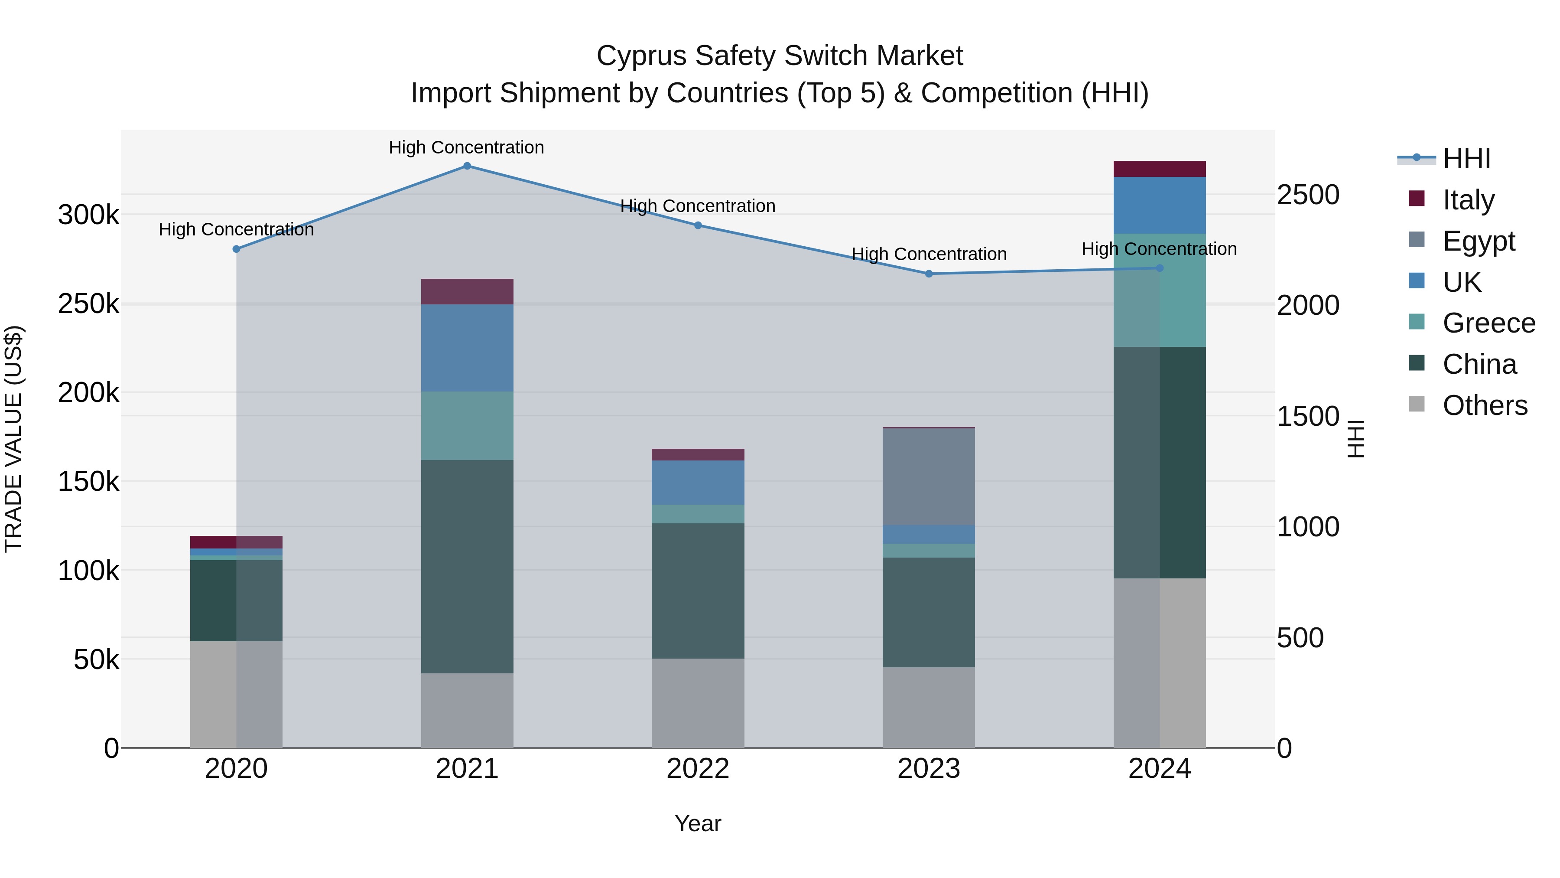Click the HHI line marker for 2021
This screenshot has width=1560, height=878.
click(x=467, y=166)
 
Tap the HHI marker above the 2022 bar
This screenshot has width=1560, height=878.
click(x=698, y=225)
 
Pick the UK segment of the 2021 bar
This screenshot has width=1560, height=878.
click(x=467, y=348)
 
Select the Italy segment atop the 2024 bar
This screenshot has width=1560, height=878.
click(x=1160, y=169)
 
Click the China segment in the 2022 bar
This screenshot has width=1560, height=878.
click(x=698, y=591)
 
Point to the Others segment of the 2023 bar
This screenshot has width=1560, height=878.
click(x=929, y=708)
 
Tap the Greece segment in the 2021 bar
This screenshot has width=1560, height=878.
click(x=467, y=426)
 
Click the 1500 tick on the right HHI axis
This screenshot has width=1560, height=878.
click(x=1308, y=416)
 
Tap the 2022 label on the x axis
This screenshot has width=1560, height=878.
click(x=698, y=769)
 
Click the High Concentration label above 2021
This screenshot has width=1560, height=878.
click(x=466, y=147)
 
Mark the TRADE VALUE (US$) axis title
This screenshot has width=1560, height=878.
click(x=13, y=439)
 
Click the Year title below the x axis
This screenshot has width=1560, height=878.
click(x=698, y=823)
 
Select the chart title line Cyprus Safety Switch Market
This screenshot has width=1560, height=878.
click(x=780, y=56)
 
